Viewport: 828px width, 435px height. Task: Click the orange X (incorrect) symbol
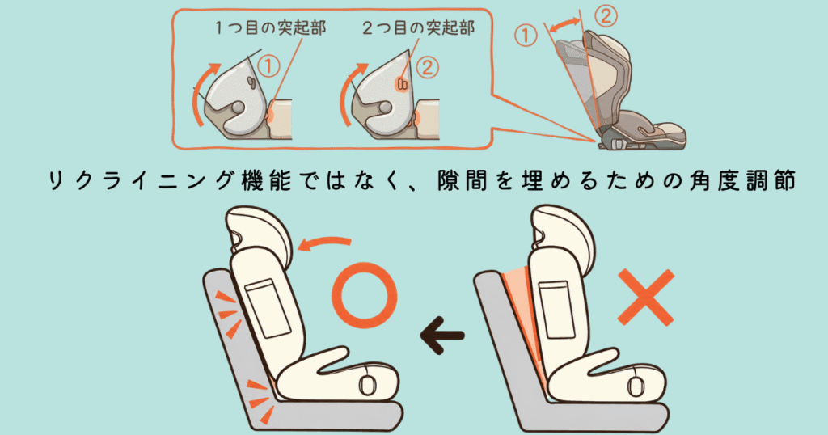point(646,297)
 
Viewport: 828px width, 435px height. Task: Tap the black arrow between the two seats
point(442,336)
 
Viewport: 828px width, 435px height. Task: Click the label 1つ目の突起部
point(270,28)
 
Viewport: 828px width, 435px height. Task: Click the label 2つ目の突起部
point(418,28)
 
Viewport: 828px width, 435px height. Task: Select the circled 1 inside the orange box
point(268,66)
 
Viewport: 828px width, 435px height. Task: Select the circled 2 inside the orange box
point(427,68)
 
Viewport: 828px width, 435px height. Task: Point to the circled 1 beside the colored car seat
point(526,36)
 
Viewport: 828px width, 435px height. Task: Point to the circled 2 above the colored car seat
point(606,16)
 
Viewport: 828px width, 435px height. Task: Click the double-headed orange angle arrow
point(564,23)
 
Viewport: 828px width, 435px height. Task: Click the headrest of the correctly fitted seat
point(258,233)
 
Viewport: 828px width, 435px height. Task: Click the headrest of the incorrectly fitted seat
point(563,233)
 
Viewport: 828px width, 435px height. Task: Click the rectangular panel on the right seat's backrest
point(556,310)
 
